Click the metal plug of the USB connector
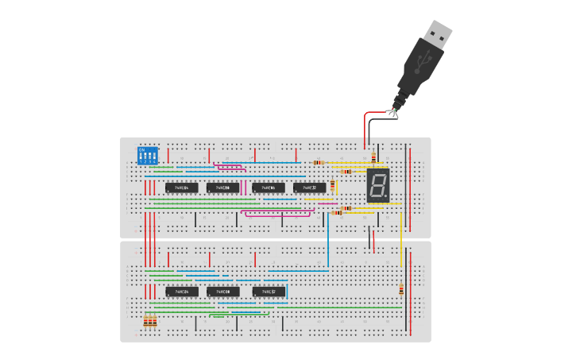point(437,33)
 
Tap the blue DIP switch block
point(148,155)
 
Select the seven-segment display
point(378,185)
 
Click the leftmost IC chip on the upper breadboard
point(182,188)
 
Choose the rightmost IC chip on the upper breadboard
point(310,188)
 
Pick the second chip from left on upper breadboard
point(223,188)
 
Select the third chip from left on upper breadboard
point(268,188)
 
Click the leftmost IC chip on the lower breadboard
point(182,292)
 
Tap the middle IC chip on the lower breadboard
point(223,292)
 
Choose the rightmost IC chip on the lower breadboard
point(269,292)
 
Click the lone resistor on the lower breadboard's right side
point(401,291)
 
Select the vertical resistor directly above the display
point(373,159)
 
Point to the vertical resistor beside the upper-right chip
point(333,185)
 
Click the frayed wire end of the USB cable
point(392,110)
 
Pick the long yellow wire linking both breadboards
point(400,238)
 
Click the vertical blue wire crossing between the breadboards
point(328,238)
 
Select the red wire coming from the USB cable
point(366,127)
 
